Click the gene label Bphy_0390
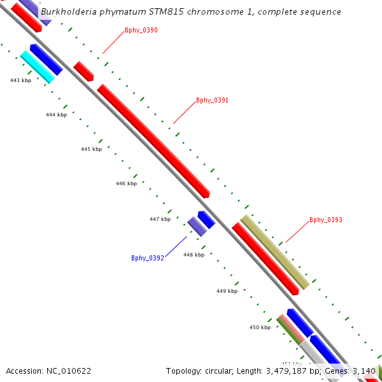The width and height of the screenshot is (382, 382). click(x=141, y=31)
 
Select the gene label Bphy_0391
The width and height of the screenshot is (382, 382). click(x=212, y=100)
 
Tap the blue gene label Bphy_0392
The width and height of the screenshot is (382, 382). click(x=148, y=258)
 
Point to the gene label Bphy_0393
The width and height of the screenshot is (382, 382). click(x=326, y=220)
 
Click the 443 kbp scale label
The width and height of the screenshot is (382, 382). click(x=21, y=81)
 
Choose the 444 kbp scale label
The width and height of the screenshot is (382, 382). click(x=56, y=115)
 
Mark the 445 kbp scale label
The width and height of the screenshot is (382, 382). click(x=91, y=149)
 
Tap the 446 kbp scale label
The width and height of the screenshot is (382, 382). click(x=126, y=183)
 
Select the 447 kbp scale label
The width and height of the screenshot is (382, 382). click(x=160, y=219)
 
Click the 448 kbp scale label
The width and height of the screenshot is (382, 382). click(x=194, y=255)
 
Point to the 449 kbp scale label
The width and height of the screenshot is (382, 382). click(x=227, y=291)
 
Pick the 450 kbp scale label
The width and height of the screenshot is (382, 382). click(x=260, y=327)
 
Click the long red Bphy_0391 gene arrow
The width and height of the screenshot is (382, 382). click(x=153, y=140)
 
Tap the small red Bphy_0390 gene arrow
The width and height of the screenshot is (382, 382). click(x=83, y=71)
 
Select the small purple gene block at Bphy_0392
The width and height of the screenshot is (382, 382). click(x=197, y=226)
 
